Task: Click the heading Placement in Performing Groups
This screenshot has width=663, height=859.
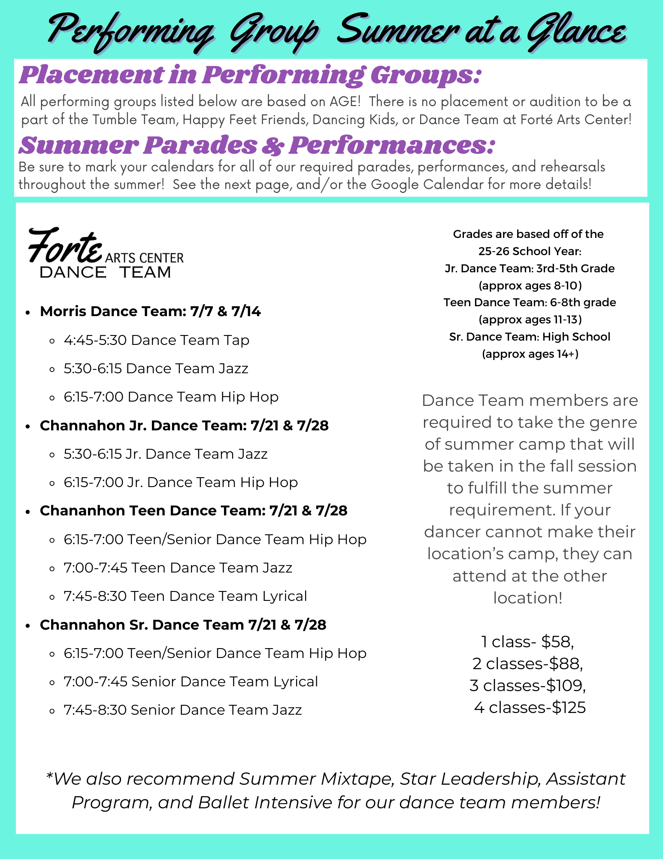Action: [x=250, y=75]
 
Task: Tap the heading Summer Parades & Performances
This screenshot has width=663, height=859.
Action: [x=257, y=145]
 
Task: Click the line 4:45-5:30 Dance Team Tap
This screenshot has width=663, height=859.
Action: [x=156, y=340]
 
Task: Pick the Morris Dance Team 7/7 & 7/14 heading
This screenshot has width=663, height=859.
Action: [x=150, y=311]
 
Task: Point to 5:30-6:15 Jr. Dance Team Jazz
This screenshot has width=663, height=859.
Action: [x=166, y=454]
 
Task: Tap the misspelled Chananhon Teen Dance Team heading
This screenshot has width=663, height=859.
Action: [x=193, y=511]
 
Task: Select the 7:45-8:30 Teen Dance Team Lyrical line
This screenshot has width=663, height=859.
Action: [x=185, y=596]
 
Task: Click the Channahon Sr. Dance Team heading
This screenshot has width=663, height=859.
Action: [x=183, y=625]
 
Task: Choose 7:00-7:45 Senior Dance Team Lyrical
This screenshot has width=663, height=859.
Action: [x=191, y=682]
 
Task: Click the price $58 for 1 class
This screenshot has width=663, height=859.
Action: [x=557, y=642]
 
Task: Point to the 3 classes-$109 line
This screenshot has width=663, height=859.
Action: [x=527, y=685]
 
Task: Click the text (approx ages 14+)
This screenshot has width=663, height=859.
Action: [x=530, y=354]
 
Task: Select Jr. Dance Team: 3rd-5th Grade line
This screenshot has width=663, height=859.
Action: [x=530, y=268]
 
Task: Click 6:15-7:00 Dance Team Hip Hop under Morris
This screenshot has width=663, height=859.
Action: [x=171, y=397]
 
